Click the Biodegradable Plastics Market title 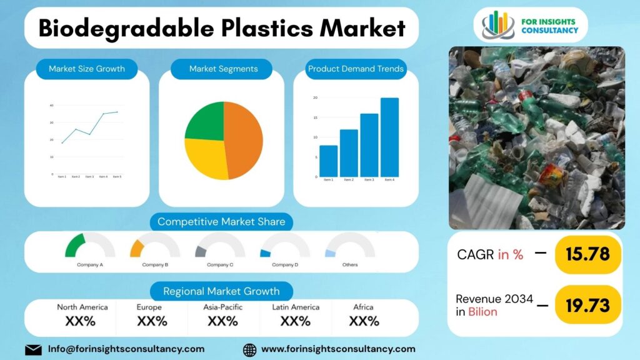[222, 28]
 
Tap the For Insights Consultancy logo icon [497, 24]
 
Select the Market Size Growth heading [87, 69]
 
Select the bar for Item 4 [389, 137]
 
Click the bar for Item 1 [328, 161]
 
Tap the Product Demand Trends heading [356, 69]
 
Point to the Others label [350, 265]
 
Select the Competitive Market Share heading [221, 221]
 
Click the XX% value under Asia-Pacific [222, 321]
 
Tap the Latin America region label [296, 307]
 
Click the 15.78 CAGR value [587, 254]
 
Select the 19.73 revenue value [587, 305]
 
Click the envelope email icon [34, 349]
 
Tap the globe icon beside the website [249, 349]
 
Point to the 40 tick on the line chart [51, 106]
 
